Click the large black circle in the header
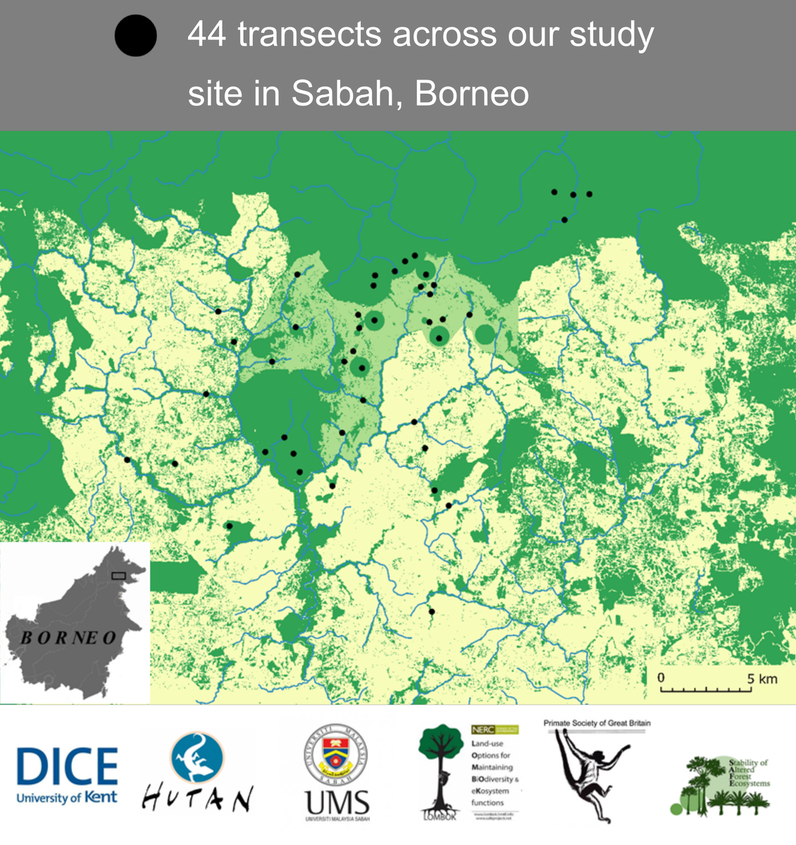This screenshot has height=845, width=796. click(135, 36)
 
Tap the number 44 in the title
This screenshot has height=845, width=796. click(207, 35)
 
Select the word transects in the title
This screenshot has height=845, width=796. click(311, 35)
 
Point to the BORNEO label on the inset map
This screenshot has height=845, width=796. click(68, 638)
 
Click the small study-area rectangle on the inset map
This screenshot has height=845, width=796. click(118, 576)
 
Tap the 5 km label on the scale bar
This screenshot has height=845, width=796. click(762, 678)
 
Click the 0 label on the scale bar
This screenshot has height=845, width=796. click(661, 677)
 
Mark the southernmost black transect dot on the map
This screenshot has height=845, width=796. click(432, 611)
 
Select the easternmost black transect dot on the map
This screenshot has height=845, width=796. click(590, 194)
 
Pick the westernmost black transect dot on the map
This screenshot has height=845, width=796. click(128, 460)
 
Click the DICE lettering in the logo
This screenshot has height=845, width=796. click(67, 767)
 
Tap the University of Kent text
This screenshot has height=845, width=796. click(67, 798)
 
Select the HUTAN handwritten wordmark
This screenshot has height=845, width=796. click(197, 799)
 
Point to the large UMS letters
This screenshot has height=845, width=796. click(337, 801)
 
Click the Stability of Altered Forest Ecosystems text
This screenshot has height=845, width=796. click(749, 772)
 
